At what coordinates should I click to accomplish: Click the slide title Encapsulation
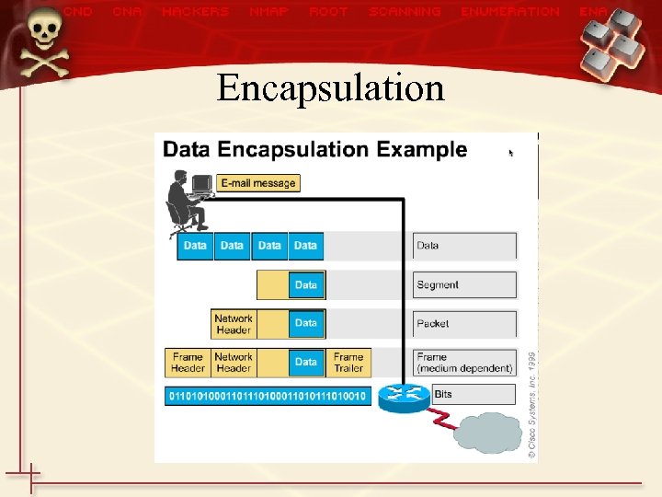tap(330, 88)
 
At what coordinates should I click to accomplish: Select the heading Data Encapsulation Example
tap(314, 149)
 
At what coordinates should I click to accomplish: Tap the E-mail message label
tap(258, 183)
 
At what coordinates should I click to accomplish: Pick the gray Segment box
tap(464, 285)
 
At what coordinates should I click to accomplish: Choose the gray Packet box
tap(464, 324)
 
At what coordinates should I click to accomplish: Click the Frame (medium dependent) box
tap(464, 363)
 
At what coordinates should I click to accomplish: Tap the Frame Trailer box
tap(348, 363)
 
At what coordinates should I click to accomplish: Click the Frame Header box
tap(188, 363)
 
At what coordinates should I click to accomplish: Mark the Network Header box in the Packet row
tap(233, 324)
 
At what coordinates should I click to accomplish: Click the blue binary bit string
tap(267, 397)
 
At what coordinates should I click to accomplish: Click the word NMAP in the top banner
tap(268, 12)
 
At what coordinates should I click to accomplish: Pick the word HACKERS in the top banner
tap(195, 12)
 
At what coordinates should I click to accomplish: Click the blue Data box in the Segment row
tap(306, 285)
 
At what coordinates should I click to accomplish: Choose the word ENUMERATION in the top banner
tap(509, 12)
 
